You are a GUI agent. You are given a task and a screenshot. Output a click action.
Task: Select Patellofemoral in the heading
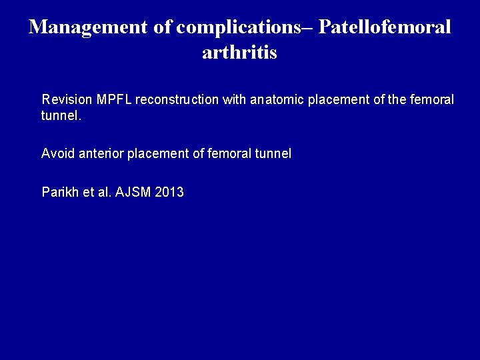click(385, 27)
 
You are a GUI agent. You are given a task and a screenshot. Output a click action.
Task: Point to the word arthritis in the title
click(239, 53)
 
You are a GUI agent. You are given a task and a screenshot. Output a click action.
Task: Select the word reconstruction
click(175, 100)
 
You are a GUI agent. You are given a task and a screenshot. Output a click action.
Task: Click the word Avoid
click(56, 153)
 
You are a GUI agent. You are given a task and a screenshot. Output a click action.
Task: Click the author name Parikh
click(59, 193)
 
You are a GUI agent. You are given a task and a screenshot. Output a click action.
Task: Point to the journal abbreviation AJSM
click(132, 193)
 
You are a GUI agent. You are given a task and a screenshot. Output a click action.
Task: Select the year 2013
click(169, 193)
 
